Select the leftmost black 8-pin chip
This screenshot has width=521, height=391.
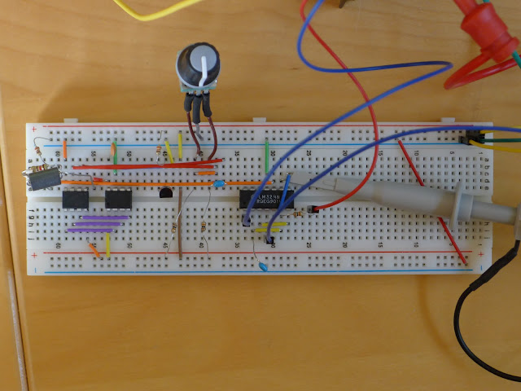click(x=76, y=199)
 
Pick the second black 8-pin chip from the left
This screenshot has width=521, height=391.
click(x=118, y=199)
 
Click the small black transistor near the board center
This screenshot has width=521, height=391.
click(x=166, y=193)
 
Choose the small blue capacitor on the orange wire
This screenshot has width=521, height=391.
click(x=219, y=184)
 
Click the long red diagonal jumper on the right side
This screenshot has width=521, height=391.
click(x=431, y=200)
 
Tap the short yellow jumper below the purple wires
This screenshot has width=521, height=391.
click(x=107, y=243)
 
